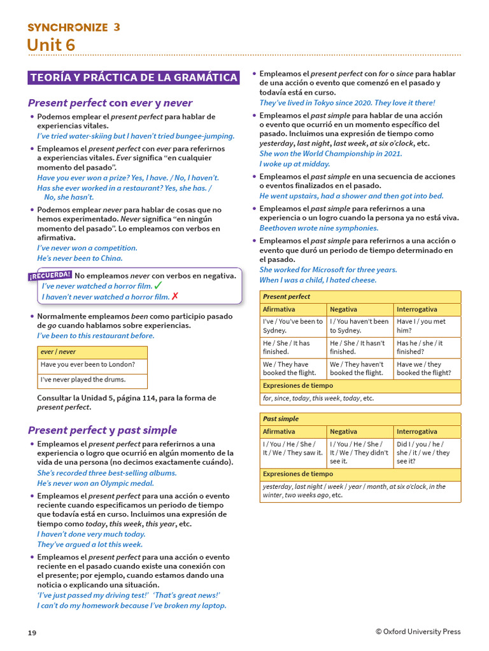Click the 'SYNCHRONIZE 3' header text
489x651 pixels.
pyautogui.click(x=73, y=27)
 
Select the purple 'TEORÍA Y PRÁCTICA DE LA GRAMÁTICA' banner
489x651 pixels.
pyautogui.click(x=134, y=78)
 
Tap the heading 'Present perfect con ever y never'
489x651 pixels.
pyautogui.click(x=110, y=103)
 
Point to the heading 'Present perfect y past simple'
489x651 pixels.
pyautogui.click(x=103, y=430)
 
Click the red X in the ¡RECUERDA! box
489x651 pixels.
pyautogui.click(x=175, y=296)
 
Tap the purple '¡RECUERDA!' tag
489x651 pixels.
pyautogui.click(x=50, y=275)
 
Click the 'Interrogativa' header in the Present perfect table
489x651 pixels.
pyautogui.click(x=417, y=309)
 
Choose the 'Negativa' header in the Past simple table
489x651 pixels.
pyautogui.click(x=344, y=431)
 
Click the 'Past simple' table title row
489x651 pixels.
pyautogui.click(x=360, y=419)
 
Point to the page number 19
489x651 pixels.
pyautogui.click(x=32, y=633)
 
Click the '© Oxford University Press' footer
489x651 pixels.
pyautogui.click(x=418, y=631)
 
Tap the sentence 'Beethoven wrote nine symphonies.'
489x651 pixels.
pyautogui.click(x=319, y=228)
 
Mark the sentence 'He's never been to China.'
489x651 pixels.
pyautogui.click(x=80, y=258)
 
